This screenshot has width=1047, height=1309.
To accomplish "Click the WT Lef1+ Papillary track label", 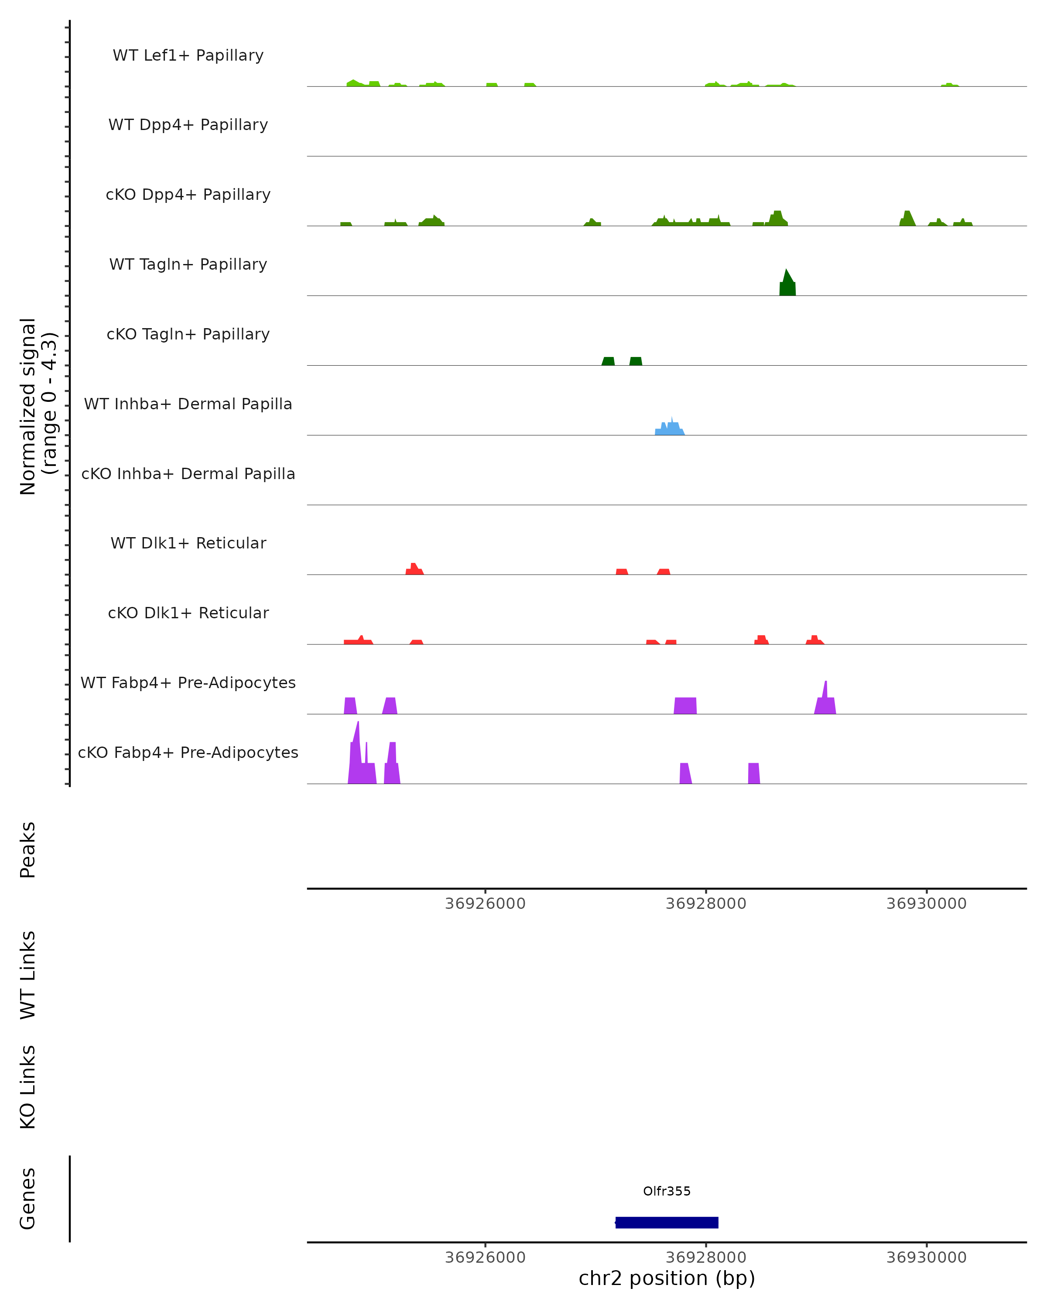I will click(x=188, y=55).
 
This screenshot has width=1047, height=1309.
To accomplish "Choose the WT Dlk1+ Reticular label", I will click(x=188, y=543).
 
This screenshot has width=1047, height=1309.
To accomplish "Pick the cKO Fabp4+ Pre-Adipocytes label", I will click(x=188, y=752).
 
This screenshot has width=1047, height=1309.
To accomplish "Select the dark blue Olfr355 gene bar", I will click(x=667, y=1222).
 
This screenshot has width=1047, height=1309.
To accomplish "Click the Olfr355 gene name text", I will click(x=667, y=1191).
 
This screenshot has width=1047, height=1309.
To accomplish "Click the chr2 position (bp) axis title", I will click(x=667, y=1278).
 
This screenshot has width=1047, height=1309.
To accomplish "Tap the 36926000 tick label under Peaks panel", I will click(x=485, y=904).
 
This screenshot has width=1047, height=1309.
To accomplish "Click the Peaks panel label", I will click(x=28, y=850).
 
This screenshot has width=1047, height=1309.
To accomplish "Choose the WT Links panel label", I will click(x=28, y=974).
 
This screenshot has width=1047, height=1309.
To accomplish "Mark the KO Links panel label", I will click(x=28, y=1087).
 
